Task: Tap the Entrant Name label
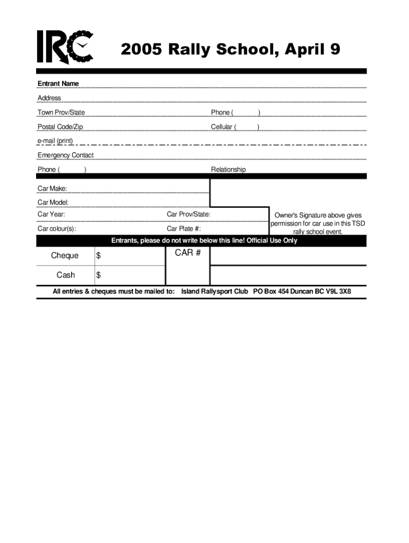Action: click(x=58, y=84)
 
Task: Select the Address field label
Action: click(x=49, y=98)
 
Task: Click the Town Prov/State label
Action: click(x=61, y=112)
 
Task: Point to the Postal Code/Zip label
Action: click(x=60, y=127)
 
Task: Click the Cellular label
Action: click(x=221, y=127)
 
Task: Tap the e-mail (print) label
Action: click(x=55, y=141)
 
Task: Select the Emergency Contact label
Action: click(x=65, y=155)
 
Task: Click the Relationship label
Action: click(x=228, y=170)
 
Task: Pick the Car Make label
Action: click(x=52, y=188)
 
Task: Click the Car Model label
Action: click(x=53, y=203)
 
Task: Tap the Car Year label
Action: click(x=52, y=214)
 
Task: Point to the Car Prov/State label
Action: click(x=189, y=214)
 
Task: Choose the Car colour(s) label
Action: click(x=56, y=229)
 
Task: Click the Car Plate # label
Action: click(x=184, y=229)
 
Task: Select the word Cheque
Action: click(x=65, y=256)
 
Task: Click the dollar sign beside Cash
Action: click(x=98, y=275)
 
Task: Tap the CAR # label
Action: click(x=188, y=253)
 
